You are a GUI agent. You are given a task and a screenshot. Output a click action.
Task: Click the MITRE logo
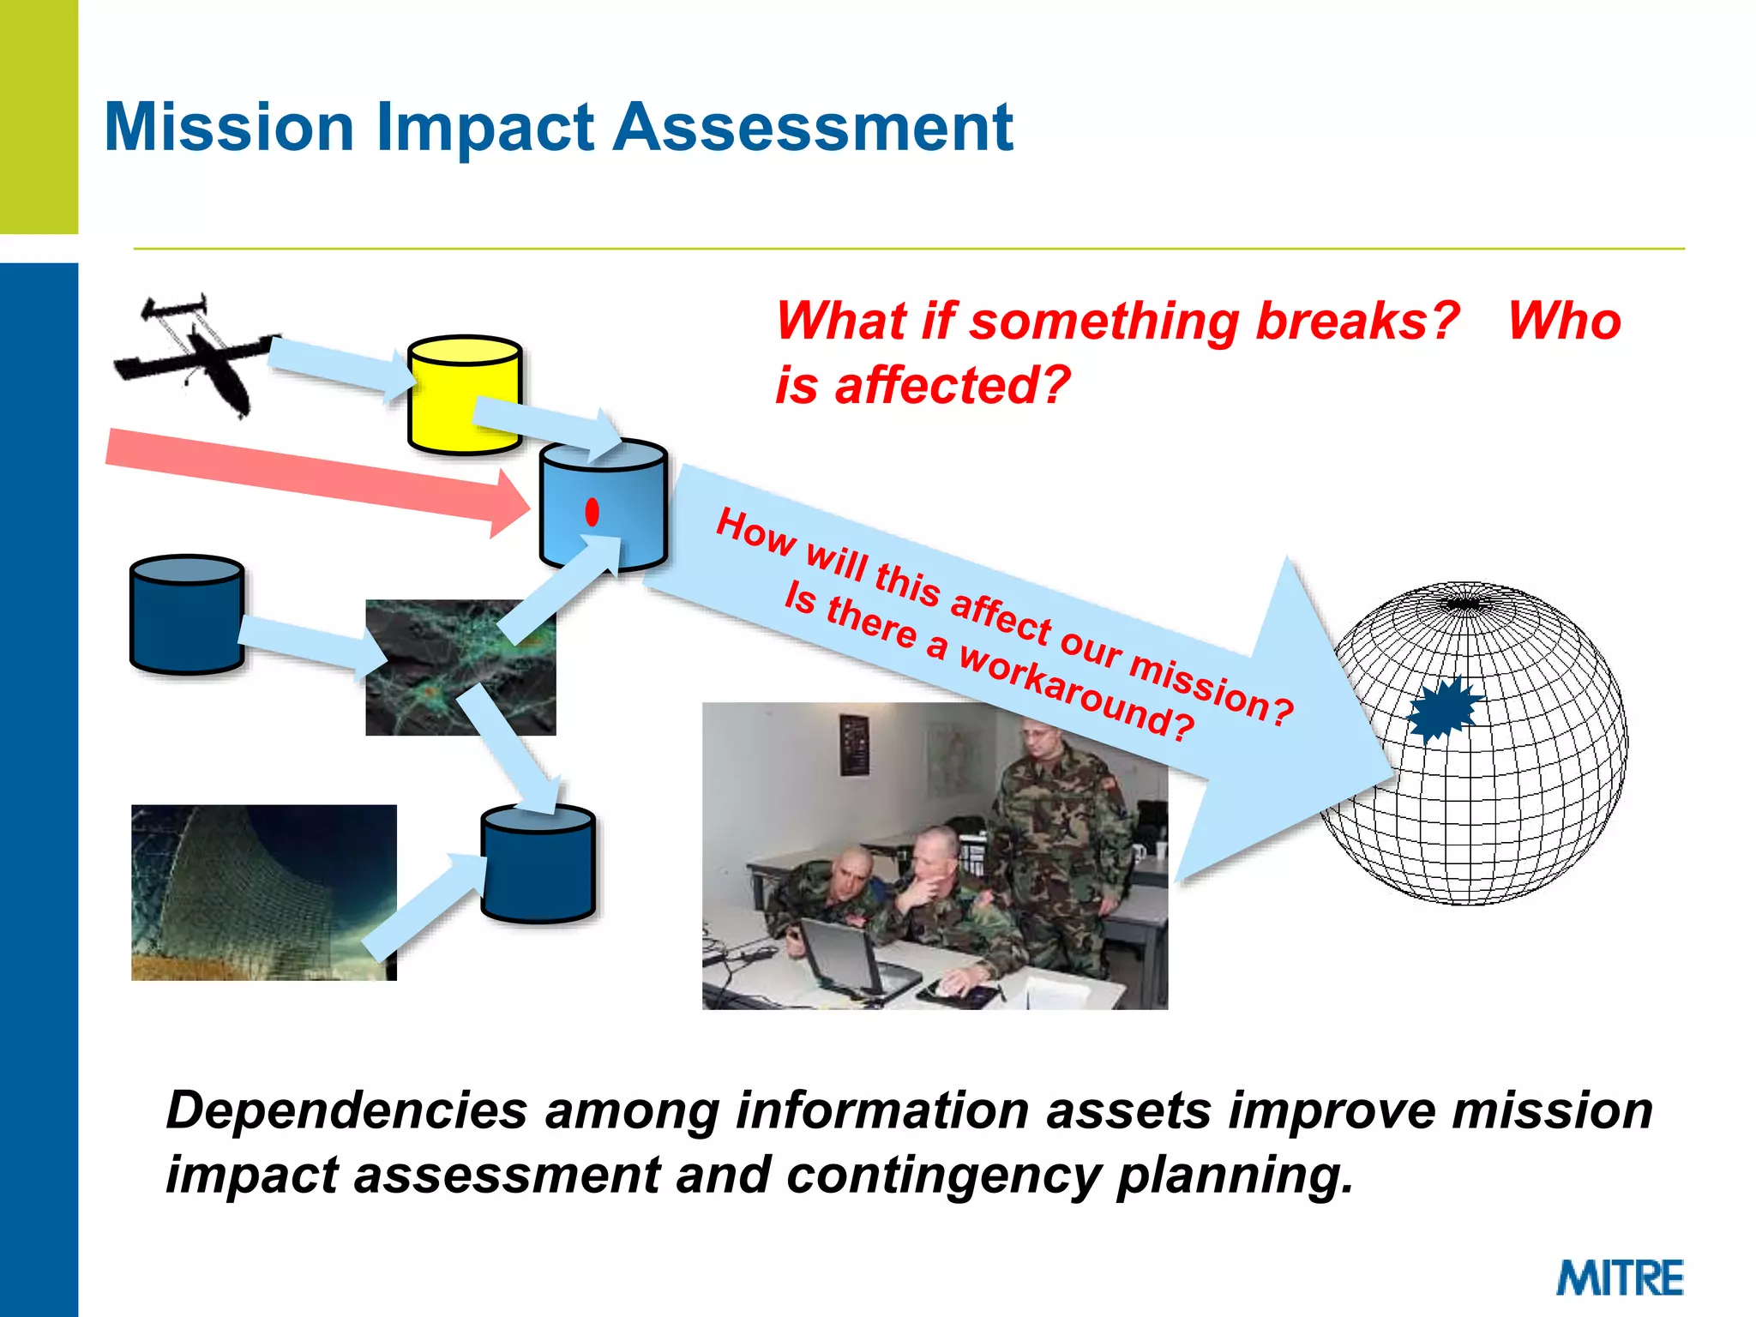(x=1620, y=1278)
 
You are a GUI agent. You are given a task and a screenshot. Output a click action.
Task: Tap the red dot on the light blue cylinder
(x=592, y=512)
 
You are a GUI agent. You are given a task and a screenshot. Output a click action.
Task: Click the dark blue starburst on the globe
(x=1444, y=708)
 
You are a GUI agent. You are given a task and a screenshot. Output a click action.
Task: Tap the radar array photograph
(x=263, y=892)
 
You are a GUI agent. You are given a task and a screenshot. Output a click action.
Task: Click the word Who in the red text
(x=1564, y=321)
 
